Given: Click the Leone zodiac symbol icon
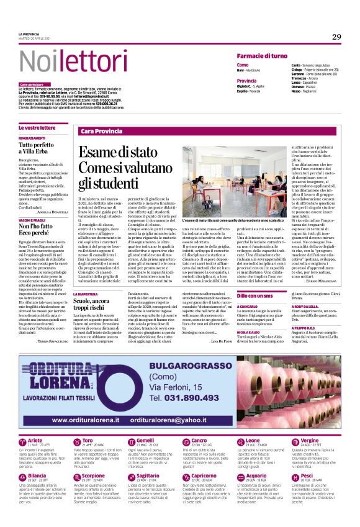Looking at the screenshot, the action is click(233, 442).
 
